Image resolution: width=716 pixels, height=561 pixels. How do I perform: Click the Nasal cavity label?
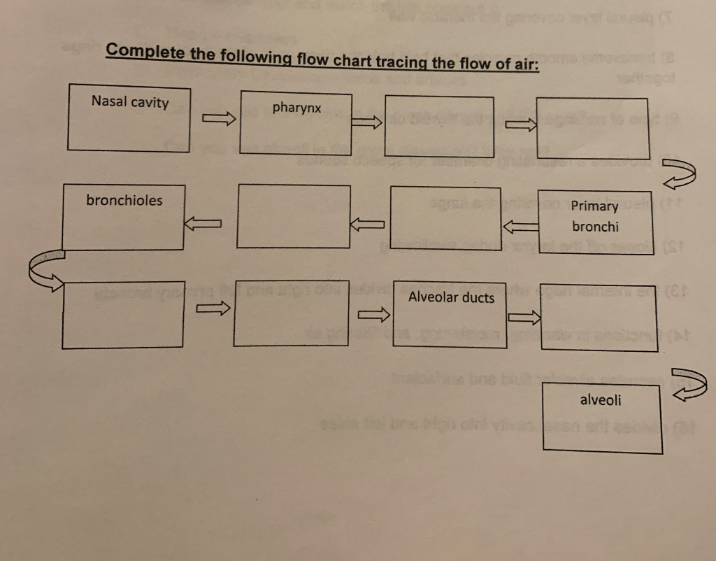[x=130, y=102]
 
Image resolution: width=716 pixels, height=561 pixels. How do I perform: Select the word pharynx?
[x=296, y=108]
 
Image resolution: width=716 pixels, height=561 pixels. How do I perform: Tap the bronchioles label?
[x=124, y=201]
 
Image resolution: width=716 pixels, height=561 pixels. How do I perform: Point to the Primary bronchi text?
[x=595, y=216]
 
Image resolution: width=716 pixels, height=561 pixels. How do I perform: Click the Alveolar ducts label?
[x=451, y=298]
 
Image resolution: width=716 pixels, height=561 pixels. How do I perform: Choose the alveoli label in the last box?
[x=600, y=400]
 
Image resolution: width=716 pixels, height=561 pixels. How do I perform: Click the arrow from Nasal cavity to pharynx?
[x=217, y=120]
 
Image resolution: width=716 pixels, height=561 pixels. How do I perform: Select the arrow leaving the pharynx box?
[x=367, y=122]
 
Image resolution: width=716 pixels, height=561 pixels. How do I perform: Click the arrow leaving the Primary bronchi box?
[x=520, y=225]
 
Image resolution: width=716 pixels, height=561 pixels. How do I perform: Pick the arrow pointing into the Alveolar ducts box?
[x=373, y=315]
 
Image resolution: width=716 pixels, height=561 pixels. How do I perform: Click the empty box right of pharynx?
[x=440, y=126]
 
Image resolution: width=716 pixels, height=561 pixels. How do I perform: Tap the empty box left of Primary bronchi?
[x=445, y=217]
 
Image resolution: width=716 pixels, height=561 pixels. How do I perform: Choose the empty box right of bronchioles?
[x=294, y=216]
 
